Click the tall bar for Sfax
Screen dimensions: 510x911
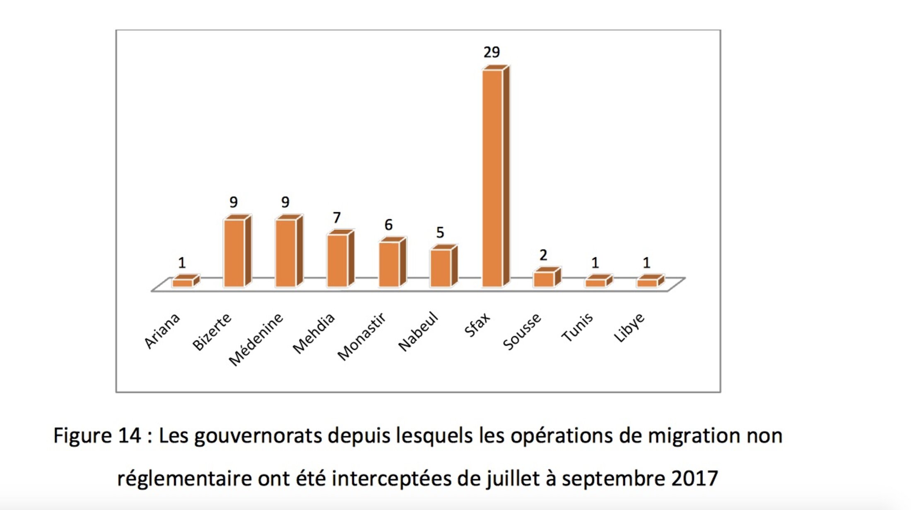point(493,178)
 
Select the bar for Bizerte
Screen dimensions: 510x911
point(234,253)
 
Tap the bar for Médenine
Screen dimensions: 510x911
point(286,253)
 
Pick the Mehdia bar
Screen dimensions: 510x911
point(337,260)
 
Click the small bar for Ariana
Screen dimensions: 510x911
point(183,283)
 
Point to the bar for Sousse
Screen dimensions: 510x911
point(544,279)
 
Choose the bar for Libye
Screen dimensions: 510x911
point(647,283)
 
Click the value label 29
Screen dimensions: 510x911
point(492,52)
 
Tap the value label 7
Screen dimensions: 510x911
point(337,218)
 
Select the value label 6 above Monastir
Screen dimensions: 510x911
point(388,225)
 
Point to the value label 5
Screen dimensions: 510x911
point(440,232)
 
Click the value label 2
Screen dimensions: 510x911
point(543,255)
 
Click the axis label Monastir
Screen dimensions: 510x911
point(361,336)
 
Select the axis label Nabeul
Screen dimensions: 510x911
point(418,331)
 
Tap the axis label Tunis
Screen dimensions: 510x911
point(577,328)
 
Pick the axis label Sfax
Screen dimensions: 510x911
point(477,325)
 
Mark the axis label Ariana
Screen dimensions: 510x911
point(162,331)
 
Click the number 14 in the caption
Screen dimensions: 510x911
point(129,436)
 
